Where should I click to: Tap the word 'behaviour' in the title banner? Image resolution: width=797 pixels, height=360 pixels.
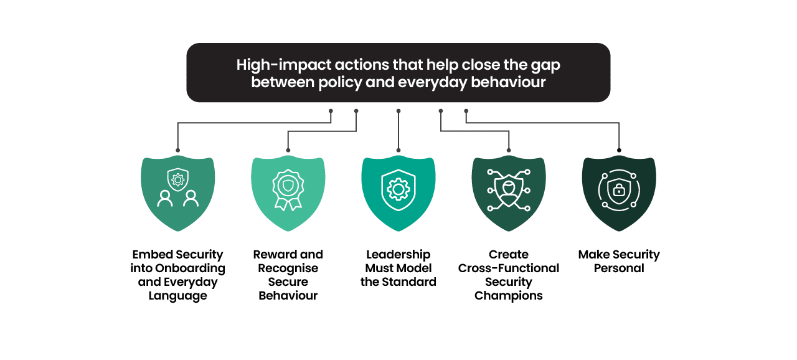click(x=508, y=82)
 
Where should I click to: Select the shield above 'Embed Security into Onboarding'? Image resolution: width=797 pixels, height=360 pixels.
click(x=178, y=193)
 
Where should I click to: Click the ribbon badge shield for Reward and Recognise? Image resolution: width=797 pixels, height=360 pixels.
click(x=288, y=193)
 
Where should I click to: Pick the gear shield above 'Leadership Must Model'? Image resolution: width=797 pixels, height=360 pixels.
click(x=398, y=193)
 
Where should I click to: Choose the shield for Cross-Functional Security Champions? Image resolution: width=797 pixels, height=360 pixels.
click(x=509, y=193)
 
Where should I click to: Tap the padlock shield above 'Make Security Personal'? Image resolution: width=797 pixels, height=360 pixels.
click(x=619, y=193)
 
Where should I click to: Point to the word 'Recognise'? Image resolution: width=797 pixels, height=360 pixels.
click(x=288, y=268)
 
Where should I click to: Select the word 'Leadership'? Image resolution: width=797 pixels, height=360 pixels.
click(x=398, y=255)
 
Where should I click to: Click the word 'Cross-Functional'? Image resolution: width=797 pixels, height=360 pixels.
click(x=509, y=268)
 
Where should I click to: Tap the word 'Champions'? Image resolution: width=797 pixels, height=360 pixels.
click(x=509, y=296)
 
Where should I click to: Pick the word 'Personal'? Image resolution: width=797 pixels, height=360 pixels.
click(x=619, y=268)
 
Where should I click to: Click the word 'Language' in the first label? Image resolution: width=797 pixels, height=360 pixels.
click(x=178, y=296)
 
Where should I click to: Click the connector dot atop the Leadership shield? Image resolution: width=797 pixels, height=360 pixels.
click(x=398, y=150)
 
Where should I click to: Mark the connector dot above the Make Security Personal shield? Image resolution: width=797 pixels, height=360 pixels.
click(x=619, y=150)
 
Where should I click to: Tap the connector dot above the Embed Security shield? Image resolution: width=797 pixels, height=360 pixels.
click(x=178, y=150)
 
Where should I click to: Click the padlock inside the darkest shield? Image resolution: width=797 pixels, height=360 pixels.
click(x=619, y=191)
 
